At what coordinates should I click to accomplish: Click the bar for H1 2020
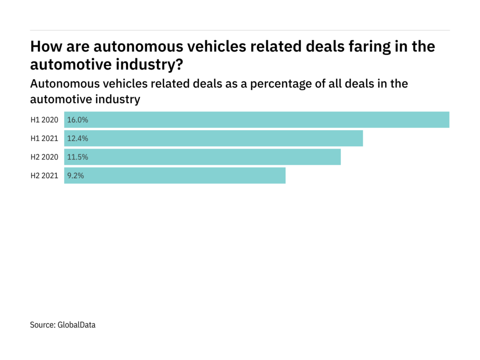(257, 120)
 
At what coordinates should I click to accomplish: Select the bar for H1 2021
(213, 138)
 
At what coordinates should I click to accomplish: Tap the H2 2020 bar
(202, 157)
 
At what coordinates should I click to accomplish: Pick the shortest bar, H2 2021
(175, 176)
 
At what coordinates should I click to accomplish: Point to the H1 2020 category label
(45, 120)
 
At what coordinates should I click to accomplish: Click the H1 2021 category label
(45, 138)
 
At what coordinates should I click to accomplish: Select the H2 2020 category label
(45, 157)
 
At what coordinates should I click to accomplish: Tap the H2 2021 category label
(45, 176)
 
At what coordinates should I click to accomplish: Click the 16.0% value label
(78, 120)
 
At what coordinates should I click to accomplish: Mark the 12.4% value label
(78, 138)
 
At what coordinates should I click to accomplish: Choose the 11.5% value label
(78, 157)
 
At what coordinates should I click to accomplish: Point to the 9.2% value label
(76, 176)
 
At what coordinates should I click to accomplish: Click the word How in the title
(45, 47)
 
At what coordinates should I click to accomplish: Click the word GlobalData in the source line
(76, 324)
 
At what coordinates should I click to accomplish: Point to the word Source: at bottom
(43, 324)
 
